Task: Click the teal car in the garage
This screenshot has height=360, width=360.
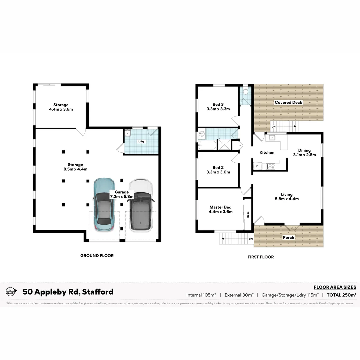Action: coord(104,205)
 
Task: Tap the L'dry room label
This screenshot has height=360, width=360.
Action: coord(142,142)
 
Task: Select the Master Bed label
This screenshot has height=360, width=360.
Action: coord(220,207)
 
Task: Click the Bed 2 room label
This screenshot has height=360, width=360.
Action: coord(218,167)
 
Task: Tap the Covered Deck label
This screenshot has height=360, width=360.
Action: coord(288,102)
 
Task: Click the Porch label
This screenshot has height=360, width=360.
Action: coord(288,237)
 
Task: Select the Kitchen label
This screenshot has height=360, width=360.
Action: coord(267,152)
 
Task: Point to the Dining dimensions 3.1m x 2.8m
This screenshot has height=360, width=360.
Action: coord(304,155)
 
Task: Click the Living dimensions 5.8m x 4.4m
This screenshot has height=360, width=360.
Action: coord(287,199)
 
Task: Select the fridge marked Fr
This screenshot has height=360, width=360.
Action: coord(257,166)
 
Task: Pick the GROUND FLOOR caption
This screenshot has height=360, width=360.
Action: coord(97,256)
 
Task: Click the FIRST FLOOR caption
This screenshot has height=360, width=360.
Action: coord(261,257)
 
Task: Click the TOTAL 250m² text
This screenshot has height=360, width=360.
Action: coord(341,295)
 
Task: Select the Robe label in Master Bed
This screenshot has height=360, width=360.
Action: coord(248,215)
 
